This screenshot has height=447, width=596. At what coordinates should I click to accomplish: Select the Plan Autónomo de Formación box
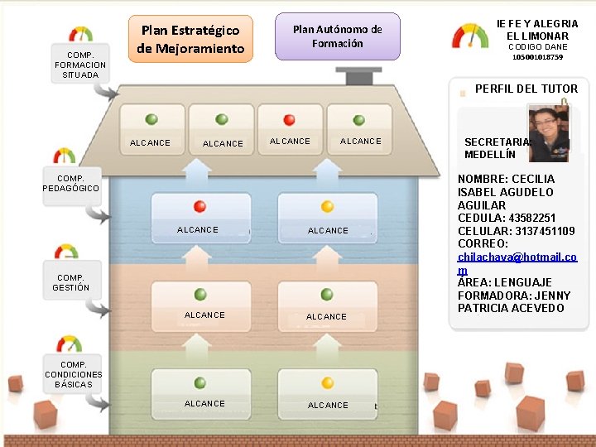coord(337,36)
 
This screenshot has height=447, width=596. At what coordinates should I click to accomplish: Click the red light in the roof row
coord(289,120)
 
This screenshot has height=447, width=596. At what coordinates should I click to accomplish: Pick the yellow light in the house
coord(327,207)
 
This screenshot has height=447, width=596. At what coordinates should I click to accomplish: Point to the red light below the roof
coord(199,207)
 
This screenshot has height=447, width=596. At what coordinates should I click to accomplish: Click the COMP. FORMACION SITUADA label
coord(79,65)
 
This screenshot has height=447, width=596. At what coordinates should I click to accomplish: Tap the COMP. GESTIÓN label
coord(70,282)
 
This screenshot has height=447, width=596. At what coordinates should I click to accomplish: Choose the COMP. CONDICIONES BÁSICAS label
coord(74,374)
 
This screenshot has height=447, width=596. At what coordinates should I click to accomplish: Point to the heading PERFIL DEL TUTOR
coord(526,89)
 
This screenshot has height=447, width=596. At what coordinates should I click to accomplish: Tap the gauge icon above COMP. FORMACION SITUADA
coord(80,35)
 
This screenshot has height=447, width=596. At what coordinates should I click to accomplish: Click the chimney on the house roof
coord(358,76)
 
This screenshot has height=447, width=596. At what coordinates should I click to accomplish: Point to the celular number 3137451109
coord(547,231)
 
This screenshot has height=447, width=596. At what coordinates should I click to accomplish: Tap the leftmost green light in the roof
coord(151,119)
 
